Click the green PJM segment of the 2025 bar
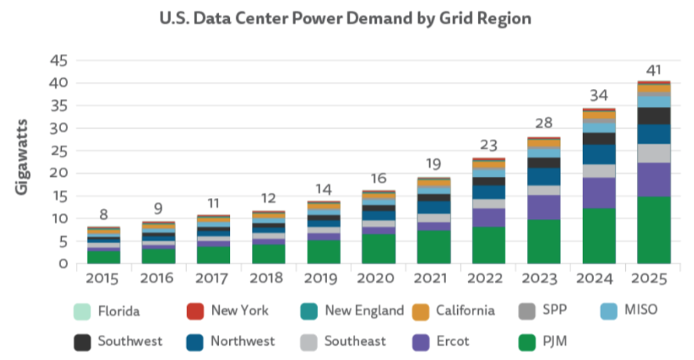654,230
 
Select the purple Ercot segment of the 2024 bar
599,193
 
